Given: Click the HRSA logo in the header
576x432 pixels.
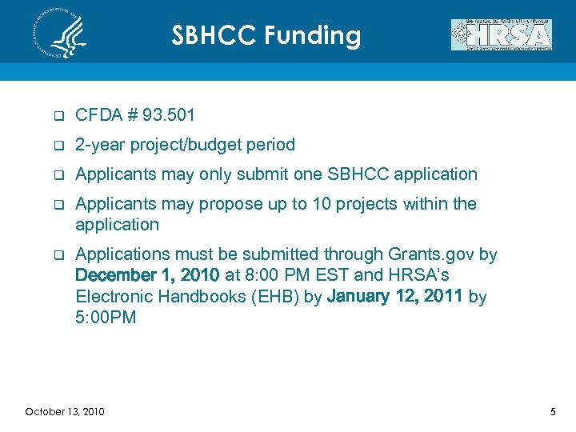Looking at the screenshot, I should (502, 35).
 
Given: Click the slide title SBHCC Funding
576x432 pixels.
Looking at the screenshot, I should (266, 36).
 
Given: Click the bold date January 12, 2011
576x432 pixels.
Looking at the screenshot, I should (396, 297).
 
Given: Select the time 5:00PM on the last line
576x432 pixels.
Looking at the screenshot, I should (106, 318).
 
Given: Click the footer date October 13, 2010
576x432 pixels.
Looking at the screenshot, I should (64, 411).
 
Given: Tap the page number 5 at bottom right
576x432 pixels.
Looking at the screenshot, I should (552, 411).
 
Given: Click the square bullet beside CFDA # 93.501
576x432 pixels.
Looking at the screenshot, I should (58, 117).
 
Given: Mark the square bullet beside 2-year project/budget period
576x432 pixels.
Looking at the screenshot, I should (58, 146).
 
